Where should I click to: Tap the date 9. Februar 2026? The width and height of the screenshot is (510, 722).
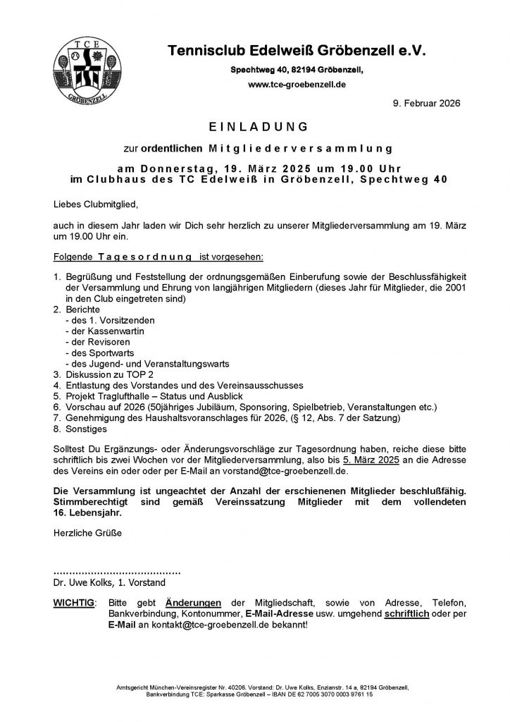tap(425, 103)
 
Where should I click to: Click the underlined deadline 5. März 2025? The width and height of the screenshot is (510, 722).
tap(374, 459)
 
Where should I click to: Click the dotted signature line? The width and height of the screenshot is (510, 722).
tap(117, 571)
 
